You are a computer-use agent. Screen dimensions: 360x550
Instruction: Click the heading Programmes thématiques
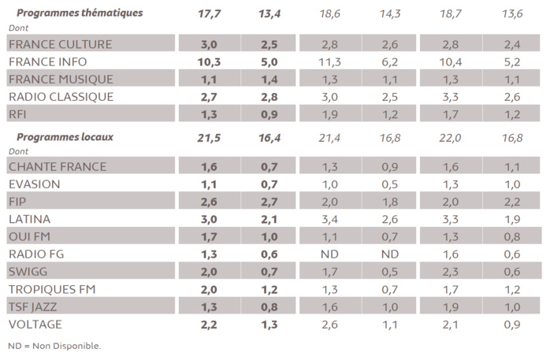coord(80,13)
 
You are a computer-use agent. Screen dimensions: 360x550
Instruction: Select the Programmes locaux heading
coord(65,136)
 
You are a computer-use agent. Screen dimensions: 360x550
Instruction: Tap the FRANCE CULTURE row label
coord(60,44)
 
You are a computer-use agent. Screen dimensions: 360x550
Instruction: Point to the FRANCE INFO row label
coord(48,61)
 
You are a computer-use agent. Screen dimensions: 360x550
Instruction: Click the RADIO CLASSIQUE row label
coord(61,97)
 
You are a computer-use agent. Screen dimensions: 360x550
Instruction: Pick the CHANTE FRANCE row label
coord(57,166)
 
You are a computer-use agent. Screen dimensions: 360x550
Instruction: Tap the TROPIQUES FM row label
coord(51,289)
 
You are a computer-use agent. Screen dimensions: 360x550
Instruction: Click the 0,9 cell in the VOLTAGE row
coord(513,324)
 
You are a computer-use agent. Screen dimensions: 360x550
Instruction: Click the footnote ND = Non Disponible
coord(54,345)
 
